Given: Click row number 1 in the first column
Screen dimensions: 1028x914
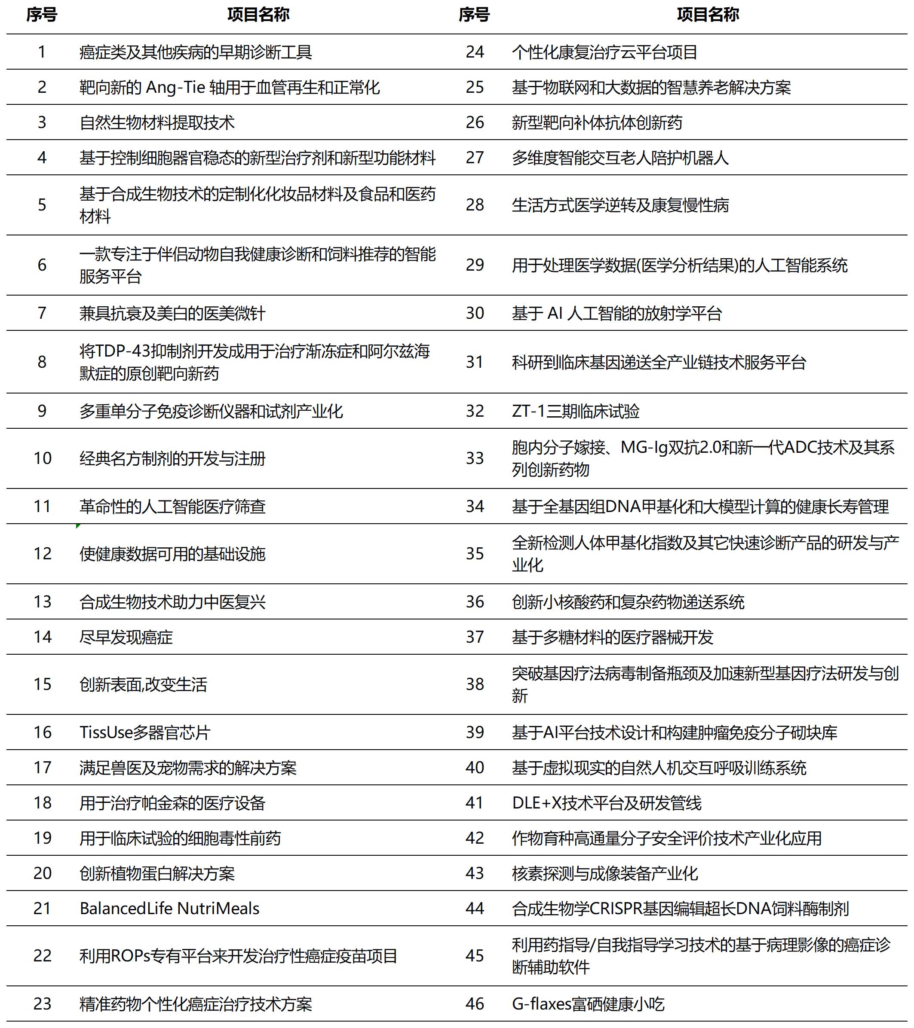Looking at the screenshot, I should tap(42, 52).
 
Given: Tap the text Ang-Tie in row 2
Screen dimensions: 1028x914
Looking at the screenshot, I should tap(175, 88).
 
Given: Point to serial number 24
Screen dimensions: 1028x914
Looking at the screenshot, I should tap(474, 52).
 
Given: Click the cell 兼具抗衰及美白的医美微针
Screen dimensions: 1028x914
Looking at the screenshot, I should tap(172, 313).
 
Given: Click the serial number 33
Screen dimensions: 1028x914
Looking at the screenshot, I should tap(474, 458).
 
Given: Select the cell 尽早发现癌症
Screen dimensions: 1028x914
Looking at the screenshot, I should tap(126, 637).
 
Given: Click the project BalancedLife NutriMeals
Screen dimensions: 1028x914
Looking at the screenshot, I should tap(169, 908).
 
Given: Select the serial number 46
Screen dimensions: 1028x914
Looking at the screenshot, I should tap(474, 1004).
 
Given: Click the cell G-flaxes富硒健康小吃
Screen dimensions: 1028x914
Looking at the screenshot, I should tap(588, 1004).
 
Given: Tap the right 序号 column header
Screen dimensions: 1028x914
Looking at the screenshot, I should tap(474, 15).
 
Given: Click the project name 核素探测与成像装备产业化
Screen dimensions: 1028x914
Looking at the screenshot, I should tap(604, 873).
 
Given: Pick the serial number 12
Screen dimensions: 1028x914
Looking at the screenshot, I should tap(42, 554).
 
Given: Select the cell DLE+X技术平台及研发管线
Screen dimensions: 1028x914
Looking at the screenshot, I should tap(607, 803).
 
